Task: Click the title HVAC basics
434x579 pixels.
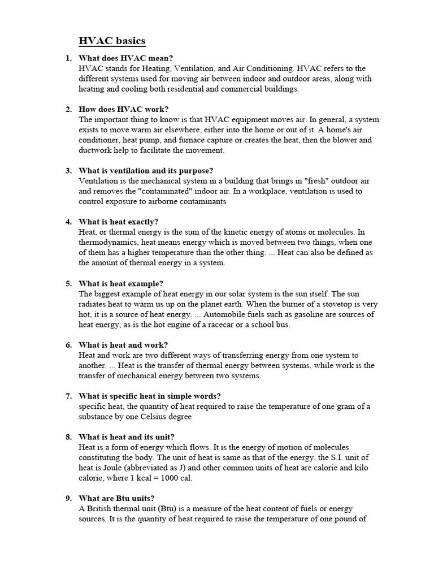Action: tap(111, 41)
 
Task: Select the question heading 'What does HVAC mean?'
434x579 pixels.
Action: tap(126, 58)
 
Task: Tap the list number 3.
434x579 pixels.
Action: tap(68, 171)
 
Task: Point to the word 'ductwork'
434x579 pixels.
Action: tap(97, 150)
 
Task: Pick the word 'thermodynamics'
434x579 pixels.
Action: tap(106, 242)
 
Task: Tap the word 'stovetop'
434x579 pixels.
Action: tap(338, 304)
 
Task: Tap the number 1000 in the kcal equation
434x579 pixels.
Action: tap(165, 478)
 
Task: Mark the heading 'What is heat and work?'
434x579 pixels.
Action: tap(124, 345)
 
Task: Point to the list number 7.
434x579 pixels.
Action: tap(68, 396)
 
